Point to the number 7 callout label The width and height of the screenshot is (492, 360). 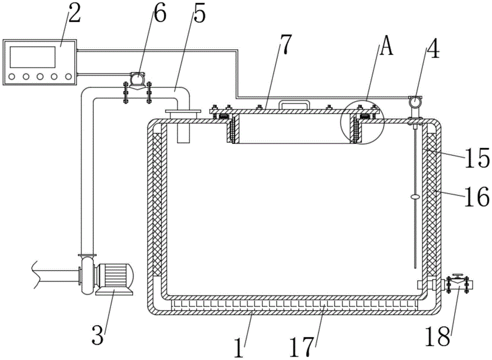286,44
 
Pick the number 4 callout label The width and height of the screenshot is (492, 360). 432,48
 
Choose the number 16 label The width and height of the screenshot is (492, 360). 476,197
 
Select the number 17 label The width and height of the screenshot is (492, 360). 302,347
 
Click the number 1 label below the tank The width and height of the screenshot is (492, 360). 239,347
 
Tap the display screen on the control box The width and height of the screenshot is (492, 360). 32,57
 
